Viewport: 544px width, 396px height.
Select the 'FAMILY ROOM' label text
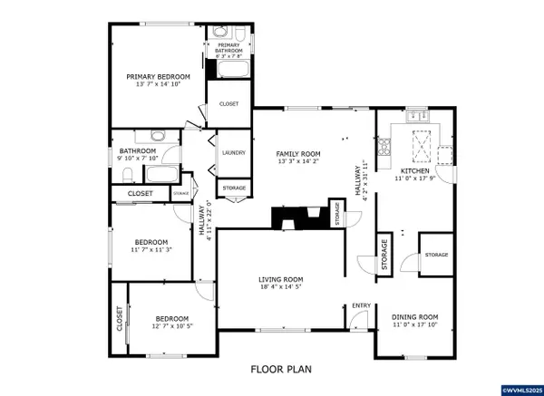[298, 154]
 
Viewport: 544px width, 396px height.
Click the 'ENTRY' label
[361, 304]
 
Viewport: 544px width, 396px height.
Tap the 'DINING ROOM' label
[414, 317]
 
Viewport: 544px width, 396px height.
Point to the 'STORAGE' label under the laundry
[234, 188]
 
